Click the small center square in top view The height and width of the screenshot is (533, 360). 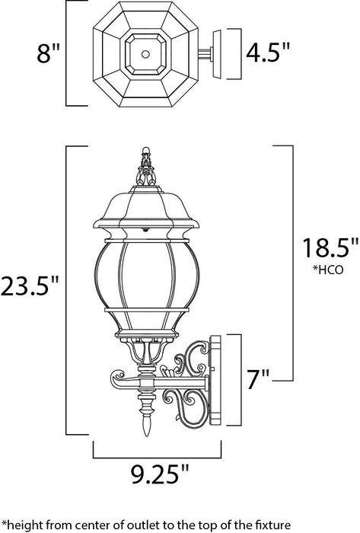point(143,53)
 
